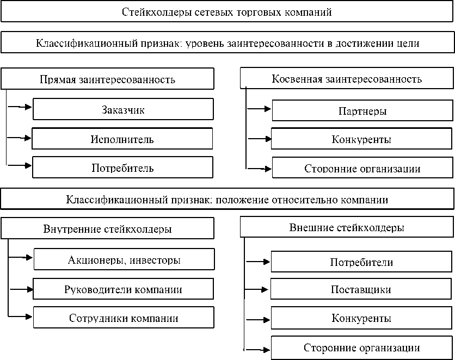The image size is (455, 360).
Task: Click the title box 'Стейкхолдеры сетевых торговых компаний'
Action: point(227,11)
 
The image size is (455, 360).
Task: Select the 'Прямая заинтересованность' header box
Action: point(107,79)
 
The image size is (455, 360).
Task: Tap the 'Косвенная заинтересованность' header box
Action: point(346,79)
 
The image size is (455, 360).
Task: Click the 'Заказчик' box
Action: point(123,109)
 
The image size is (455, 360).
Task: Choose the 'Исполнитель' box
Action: point(122,139)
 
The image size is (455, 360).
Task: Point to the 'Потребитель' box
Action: point(122,167)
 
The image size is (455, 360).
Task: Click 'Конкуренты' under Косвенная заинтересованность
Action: point(361,139)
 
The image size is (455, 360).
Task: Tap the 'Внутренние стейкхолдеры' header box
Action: point(107,229)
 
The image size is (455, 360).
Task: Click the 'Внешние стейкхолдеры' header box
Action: point(346,228)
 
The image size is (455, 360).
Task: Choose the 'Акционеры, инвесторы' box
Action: point(124,260)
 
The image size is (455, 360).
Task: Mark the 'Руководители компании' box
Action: point(123,289)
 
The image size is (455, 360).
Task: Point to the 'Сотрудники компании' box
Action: point(123,318)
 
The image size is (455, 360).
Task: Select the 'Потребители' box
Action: point(361,262)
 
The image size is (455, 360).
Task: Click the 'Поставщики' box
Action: point(361,289)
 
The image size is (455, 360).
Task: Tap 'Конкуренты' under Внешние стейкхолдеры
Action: point(361,318)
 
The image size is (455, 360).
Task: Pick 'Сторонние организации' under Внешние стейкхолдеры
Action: point(361,348)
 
